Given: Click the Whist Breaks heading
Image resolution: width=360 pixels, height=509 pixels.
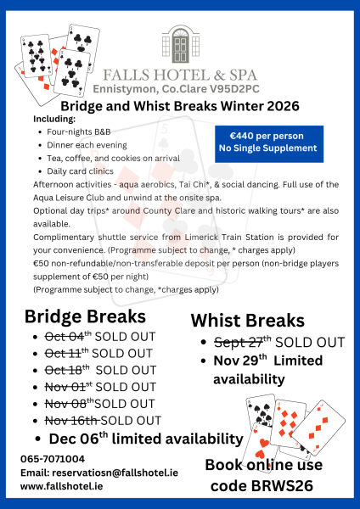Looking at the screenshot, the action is pos(247,321).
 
